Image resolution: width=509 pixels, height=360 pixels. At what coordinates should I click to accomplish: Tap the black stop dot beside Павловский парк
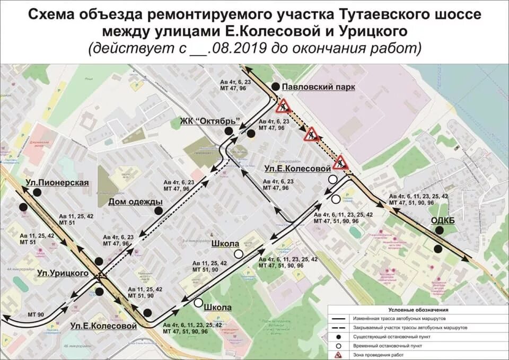tap(275, 87)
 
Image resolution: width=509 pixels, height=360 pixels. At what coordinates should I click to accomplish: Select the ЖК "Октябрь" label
tap(210, 120)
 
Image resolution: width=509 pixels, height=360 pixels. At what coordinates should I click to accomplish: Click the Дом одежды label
tap(135, 201)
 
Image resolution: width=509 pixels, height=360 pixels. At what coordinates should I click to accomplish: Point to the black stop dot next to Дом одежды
tap(158, 210)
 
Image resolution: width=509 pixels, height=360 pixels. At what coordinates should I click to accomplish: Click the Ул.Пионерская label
tap(57, 183)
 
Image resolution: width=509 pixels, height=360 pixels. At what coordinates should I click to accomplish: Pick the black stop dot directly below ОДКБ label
tap(438, 248)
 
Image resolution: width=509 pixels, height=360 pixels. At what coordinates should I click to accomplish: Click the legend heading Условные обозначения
tap(418, 310)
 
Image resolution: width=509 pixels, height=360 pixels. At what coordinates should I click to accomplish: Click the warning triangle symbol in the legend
tap(338, 354)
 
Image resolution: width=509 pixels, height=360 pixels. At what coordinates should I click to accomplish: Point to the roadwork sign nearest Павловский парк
tap(282, 105)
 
